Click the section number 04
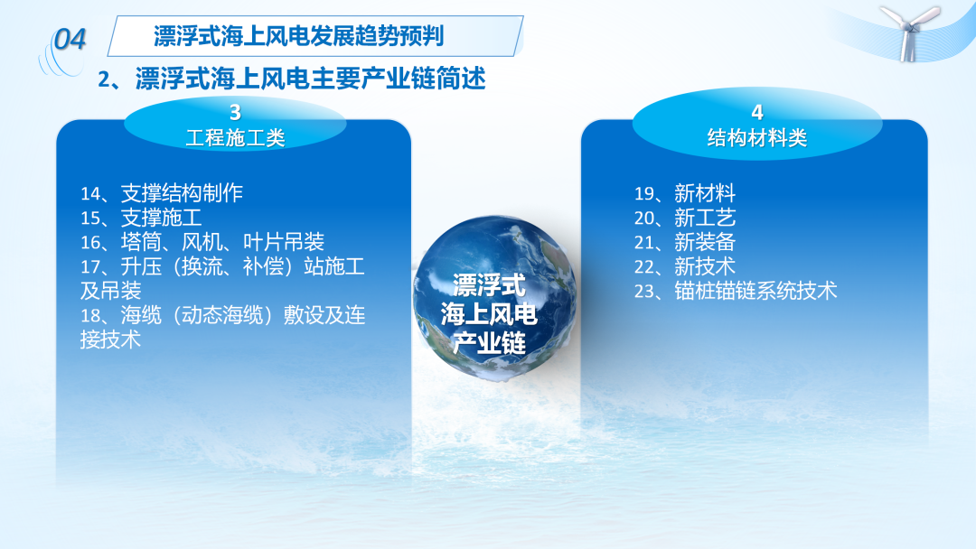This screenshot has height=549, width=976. (70, 40)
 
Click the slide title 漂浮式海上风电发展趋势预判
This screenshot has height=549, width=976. (299, 36)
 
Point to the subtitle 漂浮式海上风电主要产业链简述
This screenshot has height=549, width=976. (310, 79)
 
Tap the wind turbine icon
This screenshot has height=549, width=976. (910, 33)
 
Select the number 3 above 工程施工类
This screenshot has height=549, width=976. (235, 113)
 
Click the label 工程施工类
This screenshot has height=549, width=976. (235, 137)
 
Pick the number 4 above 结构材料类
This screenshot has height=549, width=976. (757, 113)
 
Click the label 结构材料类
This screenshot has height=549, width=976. (757, 137)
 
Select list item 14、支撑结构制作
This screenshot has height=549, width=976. (162, 193)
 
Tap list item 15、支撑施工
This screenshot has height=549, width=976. (141, 218)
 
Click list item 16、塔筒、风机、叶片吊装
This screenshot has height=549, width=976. (202, 242)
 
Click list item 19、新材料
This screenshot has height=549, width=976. (685, 193)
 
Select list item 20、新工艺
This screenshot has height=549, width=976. (685, 218)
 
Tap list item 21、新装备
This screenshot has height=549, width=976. (685, 242)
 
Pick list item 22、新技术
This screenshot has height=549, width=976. (685, 266)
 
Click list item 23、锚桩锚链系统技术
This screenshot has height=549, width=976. (736, 291)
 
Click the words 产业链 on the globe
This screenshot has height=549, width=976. (489, 342)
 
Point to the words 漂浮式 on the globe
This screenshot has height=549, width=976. (489, 285)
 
